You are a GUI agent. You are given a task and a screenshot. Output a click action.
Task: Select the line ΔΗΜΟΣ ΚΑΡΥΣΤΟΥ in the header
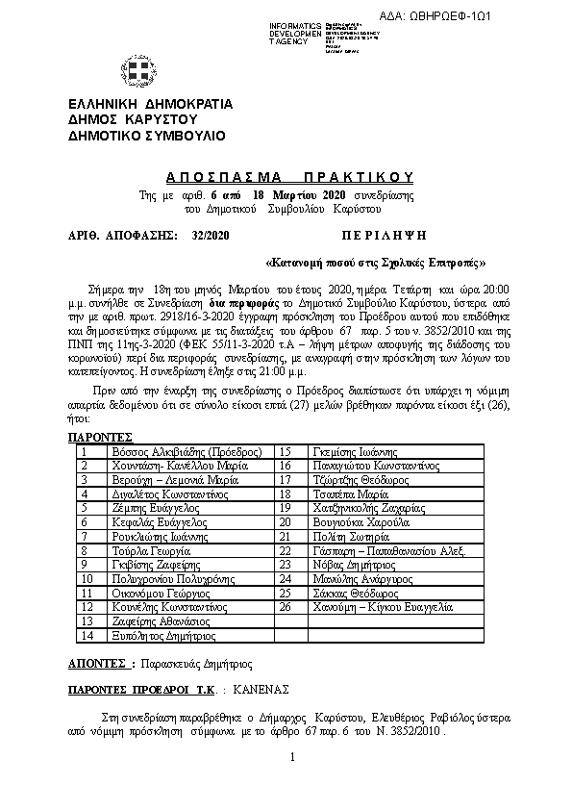(x=133, y=119)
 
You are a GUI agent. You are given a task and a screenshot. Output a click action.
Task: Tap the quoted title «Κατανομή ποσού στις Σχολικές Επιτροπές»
(x=376, y=262)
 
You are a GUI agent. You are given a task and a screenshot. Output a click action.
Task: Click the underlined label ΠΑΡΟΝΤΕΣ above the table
(x=100, y=436)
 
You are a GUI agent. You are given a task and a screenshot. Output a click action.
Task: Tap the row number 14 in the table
(x=87, y=636)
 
